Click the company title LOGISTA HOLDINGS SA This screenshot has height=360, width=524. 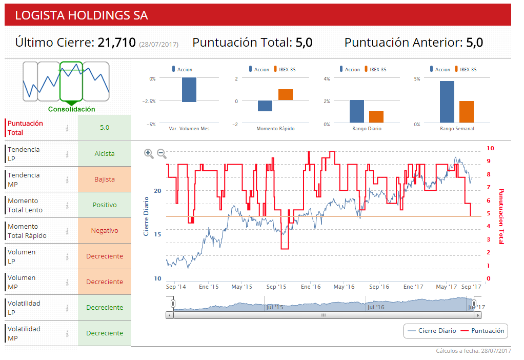pyautogui.click(x=82, y=15)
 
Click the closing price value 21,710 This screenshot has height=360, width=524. pyautogui.click(x=116, y=43)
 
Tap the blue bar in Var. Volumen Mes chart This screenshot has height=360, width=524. pyautogui.click(x=189, y=90)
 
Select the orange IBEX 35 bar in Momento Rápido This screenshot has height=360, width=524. pyautogui.click(x=286, y=94)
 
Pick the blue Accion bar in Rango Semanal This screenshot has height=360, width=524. pyautogui.click(x=447, y=102)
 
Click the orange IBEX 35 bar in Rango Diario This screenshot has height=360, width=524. pyautogui.click(x=376, y=116)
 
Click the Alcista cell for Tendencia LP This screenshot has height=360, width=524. pyautogui.click(x=105, y=153)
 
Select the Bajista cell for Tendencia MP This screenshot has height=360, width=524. pyautogui.click(x=105, y=179)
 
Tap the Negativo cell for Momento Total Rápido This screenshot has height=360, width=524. pyautogui.click(x=105, y=231)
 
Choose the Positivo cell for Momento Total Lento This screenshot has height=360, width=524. pyautogui.click(x=105, y=205)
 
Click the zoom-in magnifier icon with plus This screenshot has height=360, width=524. pyautogui.click(x=149, y=153)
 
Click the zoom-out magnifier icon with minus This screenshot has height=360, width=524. pyautogui.click(x=162, y=153)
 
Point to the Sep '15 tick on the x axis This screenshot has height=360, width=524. pyautogui.click(x=276, y=287)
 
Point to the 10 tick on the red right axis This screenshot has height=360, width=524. pyautogui.click(x=490, y=148)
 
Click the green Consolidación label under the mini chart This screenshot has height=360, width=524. pyautogui.click(x=71, y=109)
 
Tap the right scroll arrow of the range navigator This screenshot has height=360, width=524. pyautogui.click(x=478, y=315)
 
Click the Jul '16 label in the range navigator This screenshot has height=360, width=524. pyautogui.click(x=375, y=307)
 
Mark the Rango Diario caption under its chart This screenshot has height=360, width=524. pyautogui.click(x=367, y=128)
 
